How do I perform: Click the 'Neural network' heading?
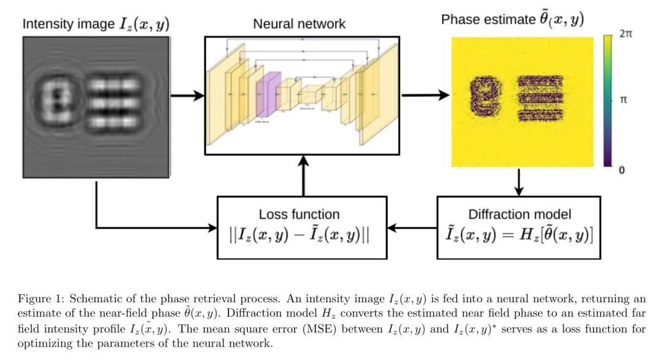[x=299, y=25]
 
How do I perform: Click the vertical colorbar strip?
[x=608, y=101]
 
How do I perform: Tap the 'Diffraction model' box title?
[x=519, y=214]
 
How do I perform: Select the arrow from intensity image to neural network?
[x=187, y=96]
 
